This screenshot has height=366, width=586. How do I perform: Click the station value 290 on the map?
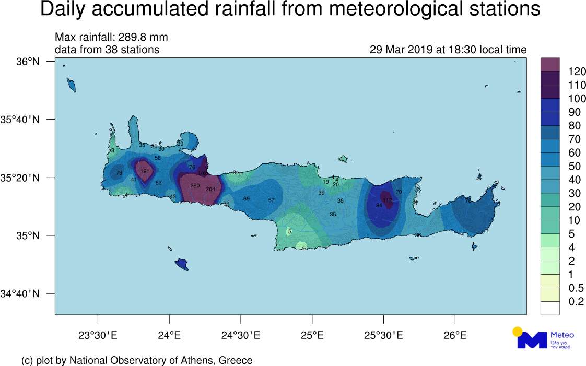195,186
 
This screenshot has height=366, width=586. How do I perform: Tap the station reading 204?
210,189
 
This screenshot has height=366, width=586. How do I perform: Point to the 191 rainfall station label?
145,171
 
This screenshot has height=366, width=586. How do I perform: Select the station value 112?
387,200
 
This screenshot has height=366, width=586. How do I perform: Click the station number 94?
379,206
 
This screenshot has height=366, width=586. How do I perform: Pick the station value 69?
247,199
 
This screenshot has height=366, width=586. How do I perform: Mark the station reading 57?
271,200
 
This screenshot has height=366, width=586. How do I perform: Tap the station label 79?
119,173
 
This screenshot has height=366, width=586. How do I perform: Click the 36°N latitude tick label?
28,62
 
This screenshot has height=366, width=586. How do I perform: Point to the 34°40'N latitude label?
20,293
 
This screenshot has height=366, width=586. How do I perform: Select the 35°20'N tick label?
20,178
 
